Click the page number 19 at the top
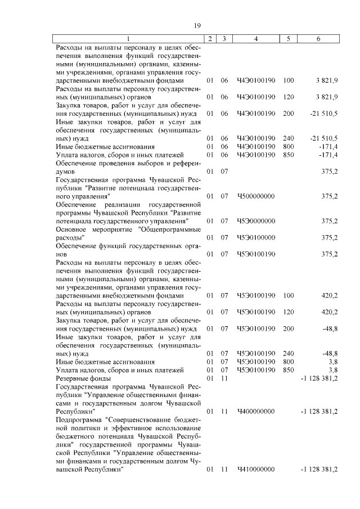tap(197, 25)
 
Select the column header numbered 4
tap(256, 39)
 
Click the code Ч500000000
tap(256, 196)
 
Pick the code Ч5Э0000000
tap(256, 221)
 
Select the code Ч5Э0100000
tap(256, 238)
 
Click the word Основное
tap(71, 229)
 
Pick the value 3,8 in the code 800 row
tap(332, 362)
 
